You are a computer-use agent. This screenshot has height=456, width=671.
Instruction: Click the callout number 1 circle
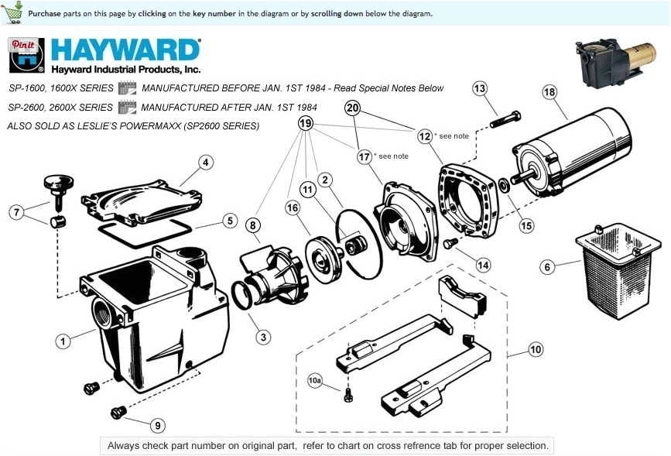[x=63, y=340]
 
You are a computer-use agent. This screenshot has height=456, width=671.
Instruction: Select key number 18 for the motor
[x=549, y=93]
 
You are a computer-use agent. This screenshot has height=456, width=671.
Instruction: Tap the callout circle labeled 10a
[x=314, y=380]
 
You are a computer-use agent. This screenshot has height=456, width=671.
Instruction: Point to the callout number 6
[x=547, y=267]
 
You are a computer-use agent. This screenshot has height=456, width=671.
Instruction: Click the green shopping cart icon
[x=13, y=12]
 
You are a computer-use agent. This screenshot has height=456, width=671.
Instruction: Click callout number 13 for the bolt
[x=480, y=89]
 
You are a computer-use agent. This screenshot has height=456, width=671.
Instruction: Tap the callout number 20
[x=353, y=108]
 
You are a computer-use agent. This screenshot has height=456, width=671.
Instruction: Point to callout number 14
[x=483, y=265]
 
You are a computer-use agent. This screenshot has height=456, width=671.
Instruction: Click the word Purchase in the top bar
[x=44, y=14]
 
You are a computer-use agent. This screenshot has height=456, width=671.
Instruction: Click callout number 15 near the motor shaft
[x=526, y=226]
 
